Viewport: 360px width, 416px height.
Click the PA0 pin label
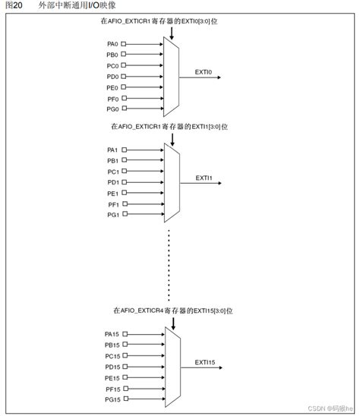pos(112,44)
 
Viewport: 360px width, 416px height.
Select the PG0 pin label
pos(112,109)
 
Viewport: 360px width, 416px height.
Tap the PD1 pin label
pos(112,182)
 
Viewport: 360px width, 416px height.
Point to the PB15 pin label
pos(112,345)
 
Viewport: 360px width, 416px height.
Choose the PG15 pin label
pos(112,399)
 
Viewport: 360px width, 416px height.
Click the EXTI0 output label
pos(203,72)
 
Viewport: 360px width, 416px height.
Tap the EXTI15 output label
pos(205,361)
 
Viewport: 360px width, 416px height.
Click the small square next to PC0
pos(124,66)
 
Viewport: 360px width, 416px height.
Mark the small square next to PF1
pos(124,204)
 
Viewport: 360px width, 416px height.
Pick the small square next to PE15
pos(125,377)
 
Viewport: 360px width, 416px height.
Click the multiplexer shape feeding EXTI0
pos(172,77)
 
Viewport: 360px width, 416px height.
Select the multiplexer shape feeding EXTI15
pos(172,366)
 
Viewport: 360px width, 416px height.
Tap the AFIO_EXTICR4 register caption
pos(172,310)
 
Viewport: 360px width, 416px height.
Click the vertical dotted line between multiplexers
pos(169,262)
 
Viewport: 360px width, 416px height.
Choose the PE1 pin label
pos(112,194)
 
